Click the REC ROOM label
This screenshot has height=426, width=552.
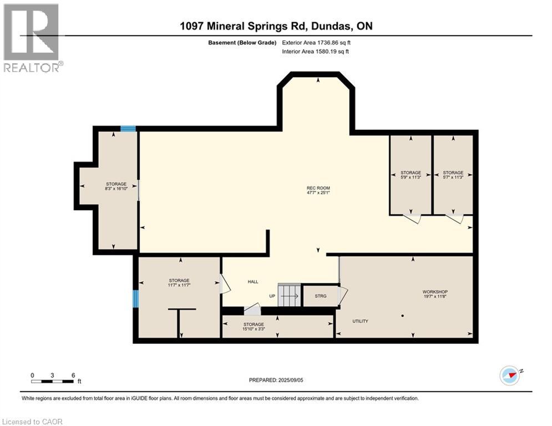[x=318, y=188]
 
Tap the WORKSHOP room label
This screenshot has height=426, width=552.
[x=434, y=292]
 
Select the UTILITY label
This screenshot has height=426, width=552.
[x=360, y=321]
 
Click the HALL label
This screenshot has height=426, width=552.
[x=253, y=282]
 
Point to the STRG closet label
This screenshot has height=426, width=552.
[x=320, y=296]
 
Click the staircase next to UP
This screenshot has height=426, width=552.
[x=289, y=295]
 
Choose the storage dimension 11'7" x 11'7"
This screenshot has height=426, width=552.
[x=179, y=285]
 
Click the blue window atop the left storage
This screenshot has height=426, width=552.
[x=128, y=129]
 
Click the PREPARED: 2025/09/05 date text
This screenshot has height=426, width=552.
[x=276, y=380]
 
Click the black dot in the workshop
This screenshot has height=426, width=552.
[x=403, y=316]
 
